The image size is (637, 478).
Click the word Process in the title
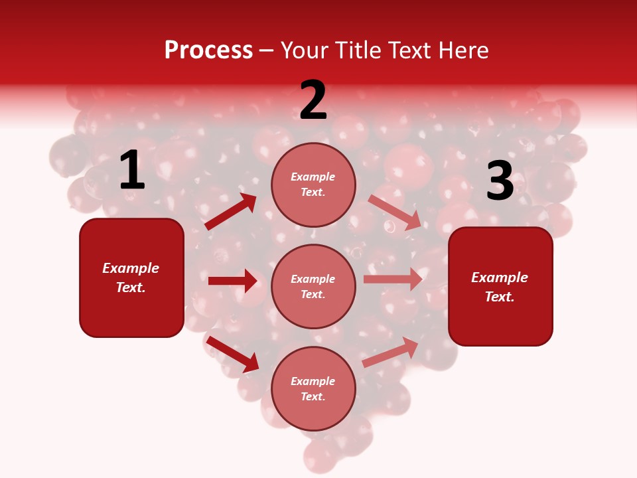point(208,50)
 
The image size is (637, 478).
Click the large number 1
point(132,171)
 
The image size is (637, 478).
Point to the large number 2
point(313,100)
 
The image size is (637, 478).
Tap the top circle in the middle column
point(313,184)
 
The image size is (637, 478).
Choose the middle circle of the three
point(313,286)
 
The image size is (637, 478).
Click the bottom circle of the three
point(313,388)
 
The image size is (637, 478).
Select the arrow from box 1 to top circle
point(231,212)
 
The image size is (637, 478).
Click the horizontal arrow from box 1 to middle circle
point(232,281)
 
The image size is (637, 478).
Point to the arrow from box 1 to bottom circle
point(232,354)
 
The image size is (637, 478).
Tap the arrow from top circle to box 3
point(395,212)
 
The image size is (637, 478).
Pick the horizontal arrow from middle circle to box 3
point(393,279)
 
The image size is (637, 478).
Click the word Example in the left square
point(131,268)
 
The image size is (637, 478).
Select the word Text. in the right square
point(500,297)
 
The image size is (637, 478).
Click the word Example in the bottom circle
point(313,381)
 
